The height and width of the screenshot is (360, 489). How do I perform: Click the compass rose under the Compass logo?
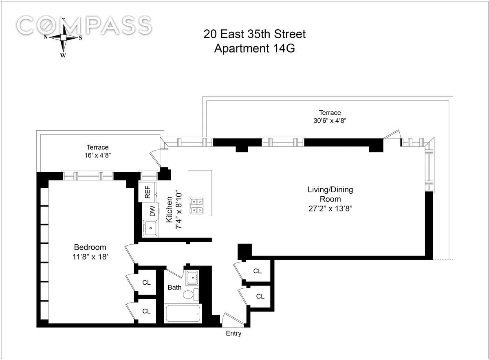coord(63,37)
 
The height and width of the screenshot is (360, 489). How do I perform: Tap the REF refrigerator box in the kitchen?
coord(147,192)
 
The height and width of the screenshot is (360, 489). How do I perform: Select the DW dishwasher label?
coord(152,211)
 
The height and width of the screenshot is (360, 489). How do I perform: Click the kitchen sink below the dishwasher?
coord(151,228)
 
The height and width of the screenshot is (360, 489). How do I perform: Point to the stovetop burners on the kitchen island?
coord(198,206)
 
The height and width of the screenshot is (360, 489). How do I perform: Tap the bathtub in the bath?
coord(183,314)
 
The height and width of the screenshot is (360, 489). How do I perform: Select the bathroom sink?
coord(192,279)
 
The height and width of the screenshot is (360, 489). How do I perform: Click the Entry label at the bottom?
coord(233,334)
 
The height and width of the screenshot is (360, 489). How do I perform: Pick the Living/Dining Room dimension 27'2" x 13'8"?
coord(330,209)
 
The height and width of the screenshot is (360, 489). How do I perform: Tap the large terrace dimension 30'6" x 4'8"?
coord(330,121)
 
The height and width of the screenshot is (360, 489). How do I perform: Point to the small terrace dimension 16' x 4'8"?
coord(97,155)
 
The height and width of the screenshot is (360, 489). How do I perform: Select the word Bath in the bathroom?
coord(174,288)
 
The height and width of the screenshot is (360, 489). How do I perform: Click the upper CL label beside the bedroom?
coord(146,282)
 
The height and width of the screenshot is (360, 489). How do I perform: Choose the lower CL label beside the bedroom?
coord(146,311)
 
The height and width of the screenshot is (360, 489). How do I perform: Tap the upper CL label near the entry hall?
coord(257,271)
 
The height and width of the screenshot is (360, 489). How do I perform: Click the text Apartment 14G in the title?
coord(254,48)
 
